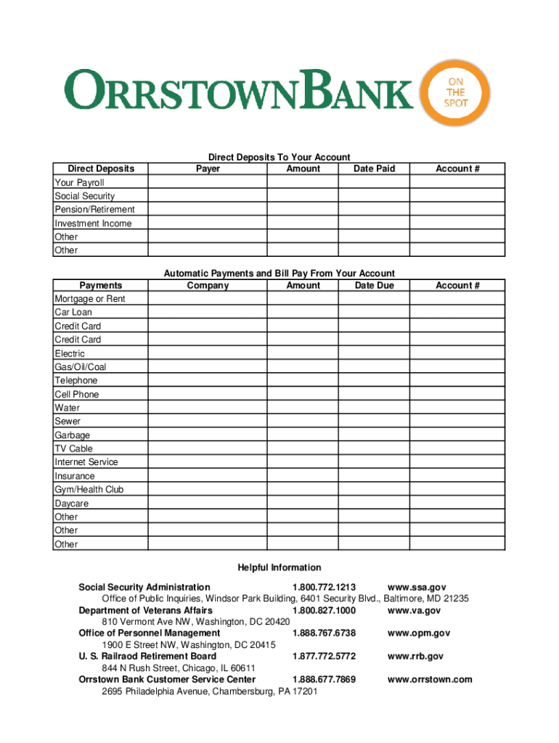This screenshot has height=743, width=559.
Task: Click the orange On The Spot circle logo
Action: coord(456,94)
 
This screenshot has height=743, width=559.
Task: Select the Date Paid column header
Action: coord(374,169)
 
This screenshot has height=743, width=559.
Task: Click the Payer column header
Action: coord(208,169)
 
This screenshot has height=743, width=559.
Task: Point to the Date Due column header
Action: coord(374,286)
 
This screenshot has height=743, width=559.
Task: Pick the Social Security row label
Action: coord(84,196)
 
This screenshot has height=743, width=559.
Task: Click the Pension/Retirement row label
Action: coord(94,210)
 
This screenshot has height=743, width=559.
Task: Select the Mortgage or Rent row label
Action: coord(90,299)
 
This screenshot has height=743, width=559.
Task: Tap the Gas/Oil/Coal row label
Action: coord(80,367)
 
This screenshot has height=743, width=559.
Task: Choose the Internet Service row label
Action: coord(86,462)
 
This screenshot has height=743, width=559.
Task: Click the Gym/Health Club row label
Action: coord(89,490)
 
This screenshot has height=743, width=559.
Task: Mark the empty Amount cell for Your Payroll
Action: coord(303,183)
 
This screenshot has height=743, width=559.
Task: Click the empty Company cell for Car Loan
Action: coord(208,313)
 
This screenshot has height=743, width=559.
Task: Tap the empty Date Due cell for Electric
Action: coord(374,353)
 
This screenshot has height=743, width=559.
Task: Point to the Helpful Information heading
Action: coord(279,567)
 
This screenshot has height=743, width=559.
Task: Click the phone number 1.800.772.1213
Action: coord(324,587)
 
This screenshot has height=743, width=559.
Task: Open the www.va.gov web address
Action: coord(415,610)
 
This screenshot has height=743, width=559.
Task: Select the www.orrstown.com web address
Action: coord(430,679)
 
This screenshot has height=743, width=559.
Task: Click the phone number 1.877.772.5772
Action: coord(324,656)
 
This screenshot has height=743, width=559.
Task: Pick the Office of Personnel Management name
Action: coord(150,633)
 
